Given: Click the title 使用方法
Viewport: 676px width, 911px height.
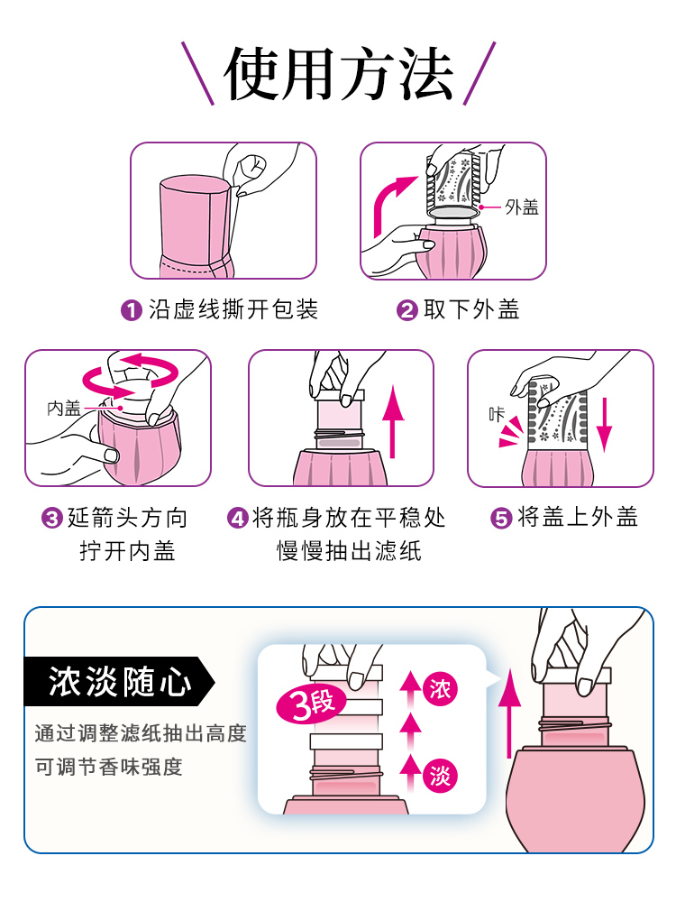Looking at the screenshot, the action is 339,74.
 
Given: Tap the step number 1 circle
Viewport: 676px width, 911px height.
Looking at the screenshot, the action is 132,310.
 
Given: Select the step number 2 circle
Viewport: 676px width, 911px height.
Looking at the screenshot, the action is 407,310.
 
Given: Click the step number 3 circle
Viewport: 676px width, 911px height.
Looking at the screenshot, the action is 52,518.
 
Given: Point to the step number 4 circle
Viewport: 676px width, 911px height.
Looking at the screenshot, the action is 238,518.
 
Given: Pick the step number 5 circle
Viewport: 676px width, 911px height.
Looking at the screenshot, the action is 501,518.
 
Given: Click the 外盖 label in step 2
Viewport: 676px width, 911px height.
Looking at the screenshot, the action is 522,207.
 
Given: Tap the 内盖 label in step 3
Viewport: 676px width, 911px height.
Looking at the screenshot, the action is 64,409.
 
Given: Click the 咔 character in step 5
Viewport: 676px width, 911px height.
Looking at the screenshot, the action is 497,414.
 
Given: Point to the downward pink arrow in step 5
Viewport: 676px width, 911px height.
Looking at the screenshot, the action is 604,424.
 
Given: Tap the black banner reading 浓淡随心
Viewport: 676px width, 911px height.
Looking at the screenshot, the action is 119,682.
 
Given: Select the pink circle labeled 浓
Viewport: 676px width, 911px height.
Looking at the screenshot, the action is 440,690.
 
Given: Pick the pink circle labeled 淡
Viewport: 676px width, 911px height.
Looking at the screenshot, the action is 440,776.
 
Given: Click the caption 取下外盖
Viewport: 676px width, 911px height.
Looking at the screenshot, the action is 471,309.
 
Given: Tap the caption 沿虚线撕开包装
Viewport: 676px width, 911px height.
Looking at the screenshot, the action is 233,309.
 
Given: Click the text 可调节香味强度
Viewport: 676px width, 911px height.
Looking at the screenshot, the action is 108,767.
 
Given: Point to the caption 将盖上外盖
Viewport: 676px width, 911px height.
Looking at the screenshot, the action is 577,517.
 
